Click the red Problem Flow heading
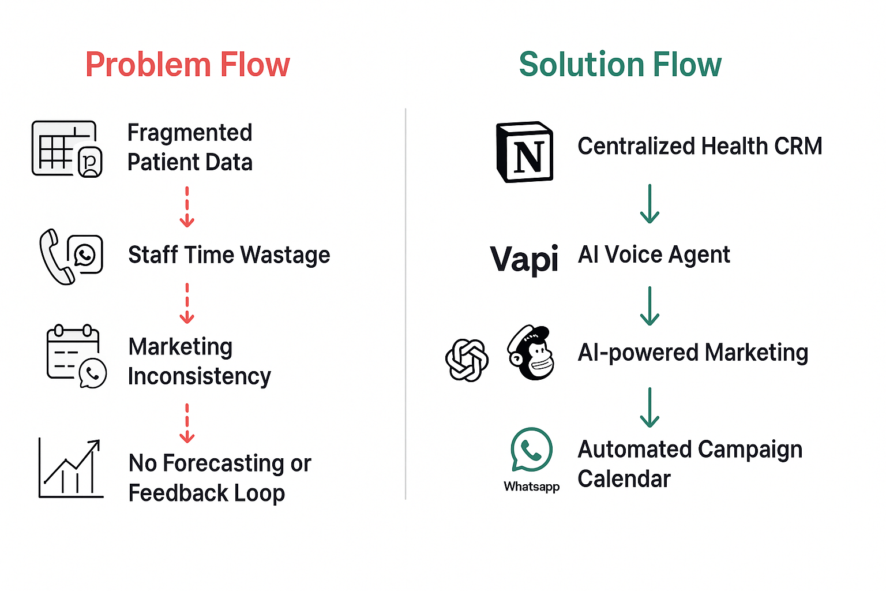(188, 65)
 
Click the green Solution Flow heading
(620, 65)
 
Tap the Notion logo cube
(524, 152)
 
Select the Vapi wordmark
(524, 259)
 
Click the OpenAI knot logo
(467, 360)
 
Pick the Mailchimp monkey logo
(531, 352)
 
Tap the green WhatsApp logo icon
(531, 450)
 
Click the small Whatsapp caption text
(532, 487)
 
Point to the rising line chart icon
(71, 468)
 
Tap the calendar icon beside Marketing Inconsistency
(73, 351)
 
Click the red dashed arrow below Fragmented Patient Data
(187, 207)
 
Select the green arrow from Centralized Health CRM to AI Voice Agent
(650, 204)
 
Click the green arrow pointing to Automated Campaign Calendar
(650, 407)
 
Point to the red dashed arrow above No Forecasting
(187, 424)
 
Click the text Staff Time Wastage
(229, 255)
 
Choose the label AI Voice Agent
(654, 255)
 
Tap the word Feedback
(178, 493)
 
